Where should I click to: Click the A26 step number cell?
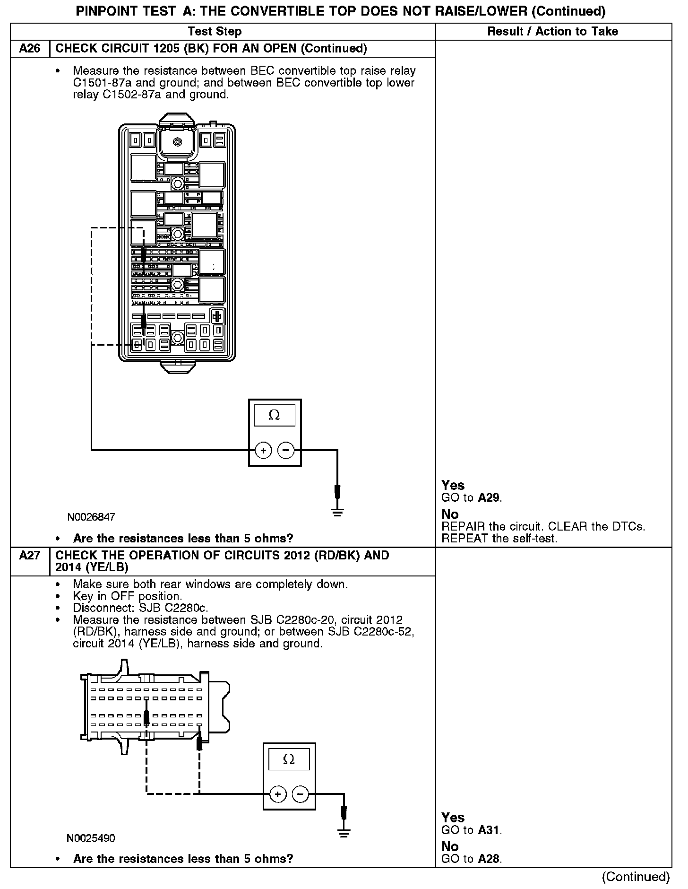point(30,49)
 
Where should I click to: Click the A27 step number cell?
point(30,555)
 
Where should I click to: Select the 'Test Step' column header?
point(215,32)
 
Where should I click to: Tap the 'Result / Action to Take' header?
point(552,32)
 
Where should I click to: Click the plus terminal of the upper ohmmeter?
point(263,450)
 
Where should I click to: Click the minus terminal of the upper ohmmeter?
point(285,450)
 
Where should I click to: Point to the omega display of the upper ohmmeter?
point(274,415)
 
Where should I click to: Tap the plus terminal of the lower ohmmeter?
point(277,794)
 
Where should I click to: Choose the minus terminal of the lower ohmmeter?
point(300,794)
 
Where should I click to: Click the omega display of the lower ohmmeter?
point(289,759)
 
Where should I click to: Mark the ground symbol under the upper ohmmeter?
point(337,512)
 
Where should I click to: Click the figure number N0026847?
point(91,517)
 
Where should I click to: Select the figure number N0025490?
point(91,838)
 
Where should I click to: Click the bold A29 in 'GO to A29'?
point(489,497)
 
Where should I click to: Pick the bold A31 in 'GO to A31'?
point(489,830)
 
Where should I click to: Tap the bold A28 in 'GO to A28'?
point(489,859)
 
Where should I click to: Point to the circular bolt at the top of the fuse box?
point(177,141)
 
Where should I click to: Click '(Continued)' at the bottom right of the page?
point(636,877)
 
